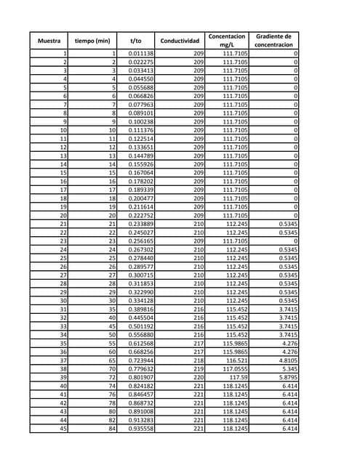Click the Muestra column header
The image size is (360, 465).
[49, 41]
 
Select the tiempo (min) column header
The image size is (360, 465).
[92, 41]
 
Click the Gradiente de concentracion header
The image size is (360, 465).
[275, 41]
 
